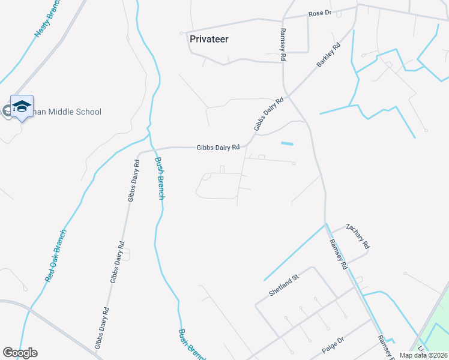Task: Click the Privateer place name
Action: (x=209, y=39)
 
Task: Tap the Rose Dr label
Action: (x=319, y=13)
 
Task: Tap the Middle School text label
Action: (x=67, y=112)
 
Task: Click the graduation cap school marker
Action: (x=22, y=106)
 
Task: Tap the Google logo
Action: (x=20, y=353)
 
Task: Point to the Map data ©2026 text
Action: (x=423, y=355)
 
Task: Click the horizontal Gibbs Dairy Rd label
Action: (x=218, y=147)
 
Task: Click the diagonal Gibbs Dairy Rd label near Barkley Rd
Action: (x=268, y=115)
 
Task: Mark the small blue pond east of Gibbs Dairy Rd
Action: (x=288, y=143)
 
